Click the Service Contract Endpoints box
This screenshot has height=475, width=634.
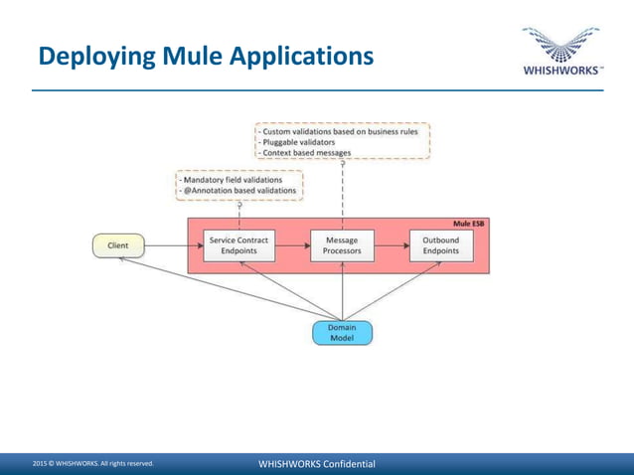pos(238,246)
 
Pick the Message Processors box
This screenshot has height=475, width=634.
pos(342,246)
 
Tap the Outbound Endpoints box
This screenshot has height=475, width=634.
pos(440,246)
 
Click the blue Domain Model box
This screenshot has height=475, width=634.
pos(342,333)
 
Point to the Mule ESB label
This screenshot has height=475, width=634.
pos(469,225)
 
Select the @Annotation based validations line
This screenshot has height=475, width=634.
pos(238,191)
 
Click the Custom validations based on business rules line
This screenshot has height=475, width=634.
pos(340,130)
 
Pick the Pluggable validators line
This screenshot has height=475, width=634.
pos(298,142)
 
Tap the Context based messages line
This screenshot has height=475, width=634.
pos(306,153)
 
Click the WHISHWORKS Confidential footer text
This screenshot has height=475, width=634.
pos(316,464)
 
